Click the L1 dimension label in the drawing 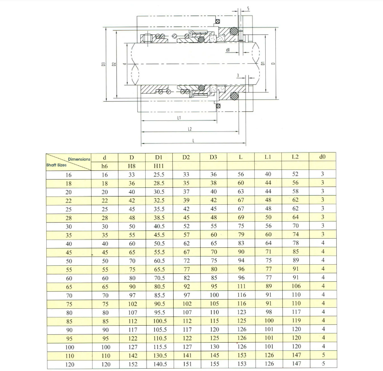[179, 118]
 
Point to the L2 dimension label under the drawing [190, 129]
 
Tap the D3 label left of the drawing [104, 64]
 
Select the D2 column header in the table [186, 157]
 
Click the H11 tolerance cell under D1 [159, 166]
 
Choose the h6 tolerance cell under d [104, 166]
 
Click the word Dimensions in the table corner [79, 159]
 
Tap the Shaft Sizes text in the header [56, 165]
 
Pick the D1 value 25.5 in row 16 [159, 175]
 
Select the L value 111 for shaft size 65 [241, 286]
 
